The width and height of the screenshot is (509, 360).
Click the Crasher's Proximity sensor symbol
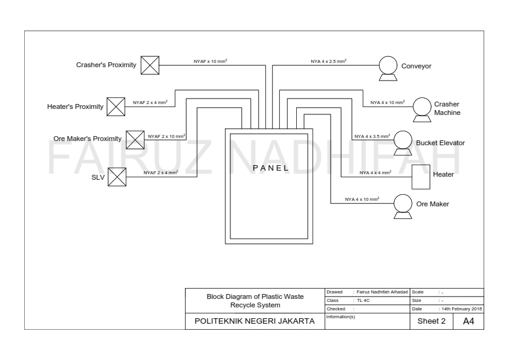click(x=150, y=65)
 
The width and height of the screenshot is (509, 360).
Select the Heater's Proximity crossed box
click(x=116, y=106)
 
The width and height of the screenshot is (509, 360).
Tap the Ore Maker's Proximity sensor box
click(x=135, y=139)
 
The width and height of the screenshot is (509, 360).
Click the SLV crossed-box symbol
click(x=117, y=177)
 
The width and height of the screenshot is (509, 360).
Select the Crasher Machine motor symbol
click(x=421, y=108)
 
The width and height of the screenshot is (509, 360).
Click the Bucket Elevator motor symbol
click(x=402, y=141)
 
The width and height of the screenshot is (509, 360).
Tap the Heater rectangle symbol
click(x=420, y=176)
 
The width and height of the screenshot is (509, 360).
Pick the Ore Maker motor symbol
click(x=402, y=205)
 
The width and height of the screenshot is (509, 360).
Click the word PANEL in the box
click(x=270, y=168)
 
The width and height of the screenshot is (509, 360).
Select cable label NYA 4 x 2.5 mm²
click(x=328, y=62)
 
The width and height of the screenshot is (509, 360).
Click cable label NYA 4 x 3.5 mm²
click(x=371, y=137)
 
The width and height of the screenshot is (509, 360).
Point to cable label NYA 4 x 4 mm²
click(x=375, y=172)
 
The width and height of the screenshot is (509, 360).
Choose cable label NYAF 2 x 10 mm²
click(x=166, y=137)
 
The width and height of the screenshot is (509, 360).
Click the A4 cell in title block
click(x=468, y=321)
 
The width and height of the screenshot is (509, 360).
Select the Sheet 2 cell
click(x=431, y=321)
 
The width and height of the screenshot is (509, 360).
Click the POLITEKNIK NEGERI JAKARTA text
click(x=254, y=321)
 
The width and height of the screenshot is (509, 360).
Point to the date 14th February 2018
click(x=461, y=309)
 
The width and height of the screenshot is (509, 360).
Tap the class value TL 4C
click(x=363, y=300)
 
